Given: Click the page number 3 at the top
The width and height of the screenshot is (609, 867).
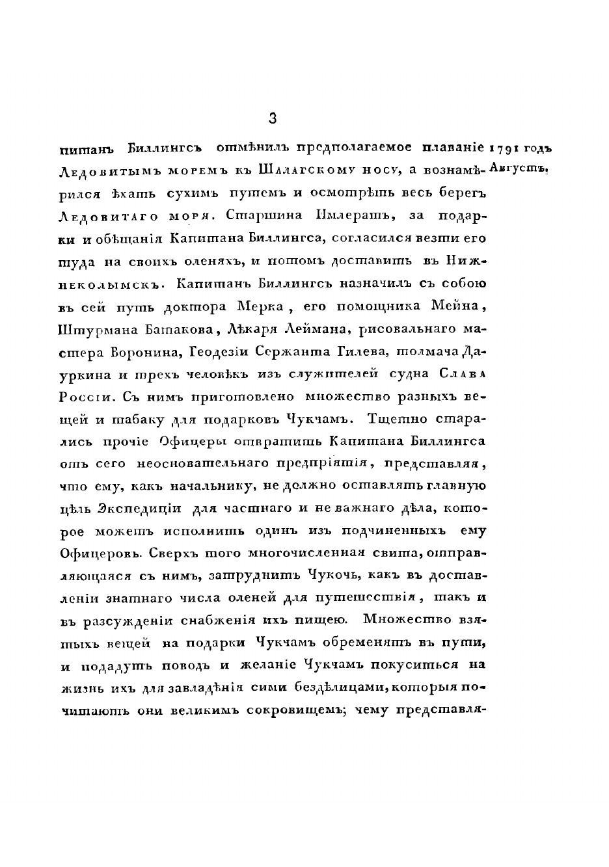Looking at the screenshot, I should [273, 118].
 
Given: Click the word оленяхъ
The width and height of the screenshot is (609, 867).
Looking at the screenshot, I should [200, 261].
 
